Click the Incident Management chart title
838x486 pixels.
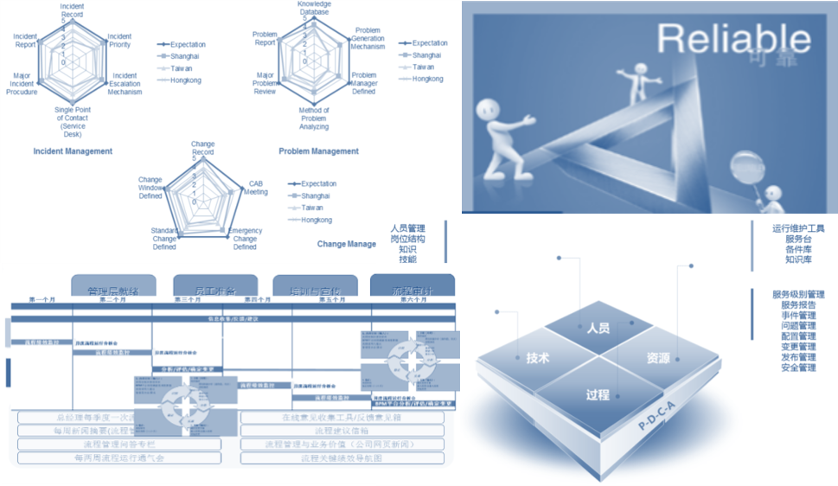pyautogui.click(x=73, y=151)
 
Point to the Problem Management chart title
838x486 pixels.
pyautogui.click(x=318, y=151)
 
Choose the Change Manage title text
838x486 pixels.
pyautogui.click(x=346, y=245)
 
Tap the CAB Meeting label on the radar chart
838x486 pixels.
pyautogui.click(x=258, y=188)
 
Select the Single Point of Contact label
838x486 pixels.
pyautogui.click(x=72, y=120)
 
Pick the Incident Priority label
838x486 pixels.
pyautogui.click(x=119, y=42)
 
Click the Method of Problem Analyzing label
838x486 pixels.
pyautogui.click(x=314, y=120)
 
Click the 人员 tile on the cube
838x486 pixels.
pyautogui.click(x=598, y=329)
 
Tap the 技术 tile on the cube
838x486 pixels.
pyautogui.click(x=538, y=358)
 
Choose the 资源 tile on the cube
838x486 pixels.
pyautogui.click(x=658, y=357)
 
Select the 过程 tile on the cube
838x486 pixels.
pyautogui.click(x=598, y=394)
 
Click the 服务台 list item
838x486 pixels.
pyautogui.click(x=798, y=239)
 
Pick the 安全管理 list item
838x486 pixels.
pyautogui.click(x=798, y=368)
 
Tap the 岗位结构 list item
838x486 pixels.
pyautogui.click(x=407, y=239)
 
